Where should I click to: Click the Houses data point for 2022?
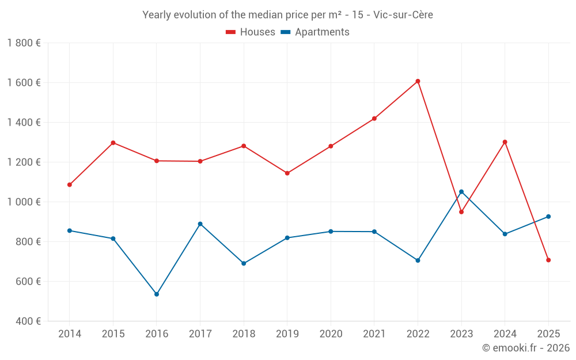tap(418, 81)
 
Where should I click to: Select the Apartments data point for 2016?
tap(157, 294)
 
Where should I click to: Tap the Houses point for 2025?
tap(548, 260)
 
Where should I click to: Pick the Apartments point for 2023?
tap(461, 192)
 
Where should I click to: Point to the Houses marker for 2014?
tap(70, 185)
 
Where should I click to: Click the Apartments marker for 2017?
tap(200, 224)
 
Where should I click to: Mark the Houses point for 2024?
tap(505, 142)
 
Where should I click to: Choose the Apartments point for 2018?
tap(244, 263)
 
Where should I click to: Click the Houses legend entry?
tap(251, 32)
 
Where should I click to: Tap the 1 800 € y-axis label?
tap(24, 43)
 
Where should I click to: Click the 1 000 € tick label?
tap(24, 202)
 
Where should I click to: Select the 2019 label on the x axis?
tap(287, 334)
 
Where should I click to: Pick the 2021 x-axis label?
tap(374, 334)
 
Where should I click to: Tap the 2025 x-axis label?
tap(548, 334)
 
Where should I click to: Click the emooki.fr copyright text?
tap(525, 348)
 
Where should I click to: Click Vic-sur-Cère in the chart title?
tap(403, 15)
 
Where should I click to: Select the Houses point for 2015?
tap(113, 143)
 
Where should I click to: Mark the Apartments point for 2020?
tap(331, 232)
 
